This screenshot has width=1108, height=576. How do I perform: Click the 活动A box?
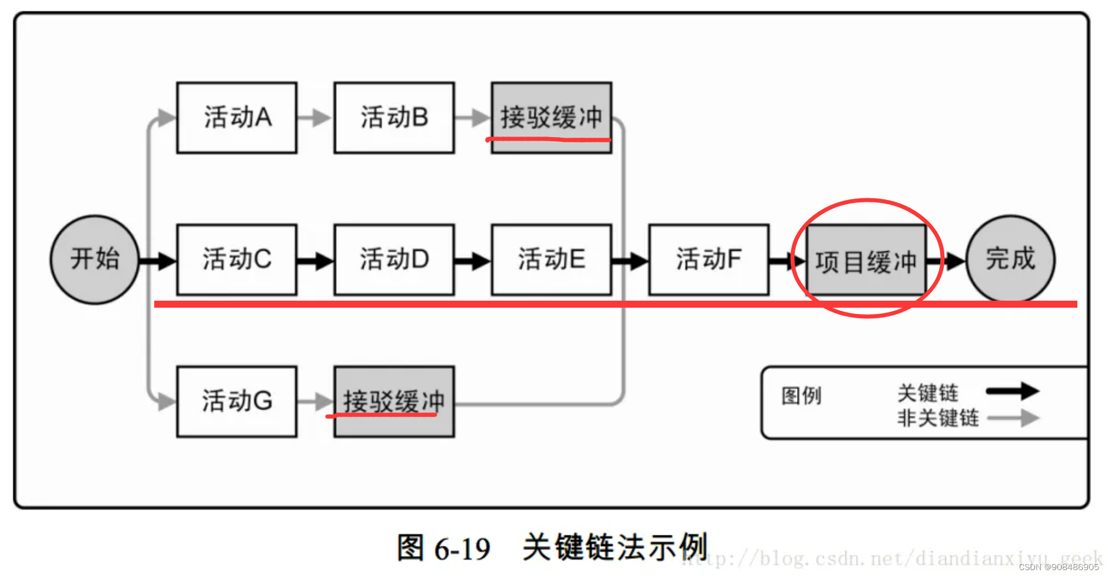[x=237, y=118]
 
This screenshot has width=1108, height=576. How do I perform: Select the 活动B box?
[x=394, y=118]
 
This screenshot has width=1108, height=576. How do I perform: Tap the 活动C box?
[x=237, y=259]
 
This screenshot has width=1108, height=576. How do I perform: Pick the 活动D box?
[x=394, y=259]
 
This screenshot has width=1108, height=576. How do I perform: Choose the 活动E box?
[x=551, y=259]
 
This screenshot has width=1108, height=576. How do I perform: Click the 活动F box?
[x=709, y=259]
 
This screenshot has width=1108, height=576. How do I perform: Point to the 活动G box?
[x=237, y=401]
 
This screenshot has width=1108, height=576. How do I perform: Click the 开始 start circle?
[x=95, y=259]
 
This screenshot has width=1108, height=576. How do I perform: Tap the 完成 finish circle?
[x=1010, y=259]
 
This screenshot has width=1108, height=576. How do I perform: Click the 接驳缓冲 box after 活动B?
[x=551, y=118]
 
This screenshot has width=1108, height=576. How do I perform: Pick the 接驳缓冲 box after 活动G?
[x=394, y=401]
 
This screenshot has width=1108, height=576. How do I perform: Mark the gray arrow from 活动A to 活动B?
[x=315, y=118]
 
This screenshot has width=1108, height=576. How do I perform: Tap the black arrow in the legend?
[x=1013, y=391]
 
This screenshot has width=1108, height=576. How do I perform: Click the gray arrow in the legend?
[x=1013, y=418]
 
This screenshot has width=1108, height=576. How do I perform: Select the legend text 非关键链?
[x=938, y=418]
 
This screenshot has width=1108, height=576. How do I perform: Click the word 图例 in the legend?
[x=801, y=396]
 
